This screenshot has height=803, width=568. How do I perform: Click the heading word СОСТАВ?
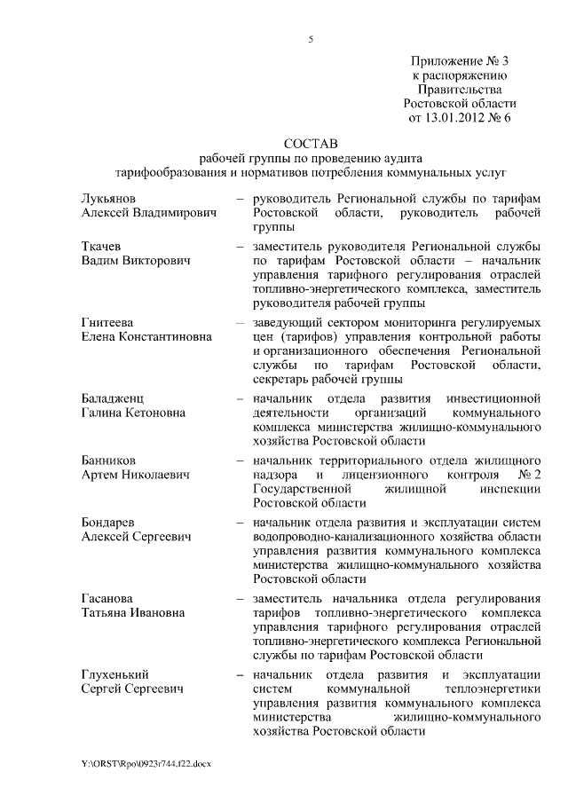311,142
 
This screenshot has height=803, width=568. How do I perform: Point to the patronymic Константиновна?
167,336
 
